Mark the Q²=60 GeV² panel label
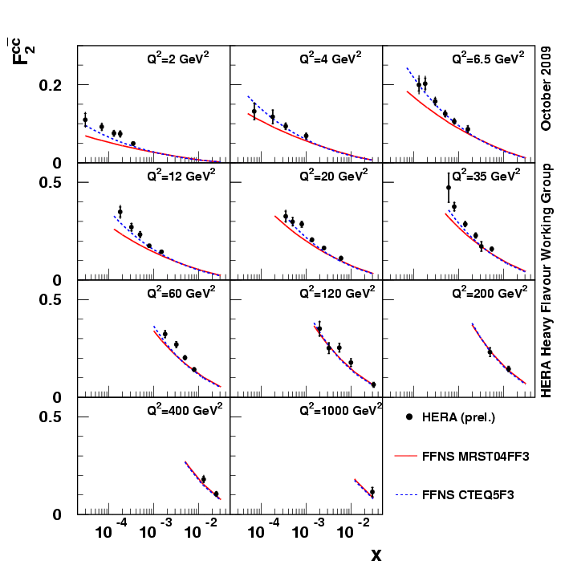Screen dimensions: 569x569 (181, 292)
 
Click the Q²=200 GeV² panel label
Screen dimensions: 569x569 (486, 292)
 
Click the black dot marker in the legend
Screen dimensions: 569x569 (409, 417)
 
